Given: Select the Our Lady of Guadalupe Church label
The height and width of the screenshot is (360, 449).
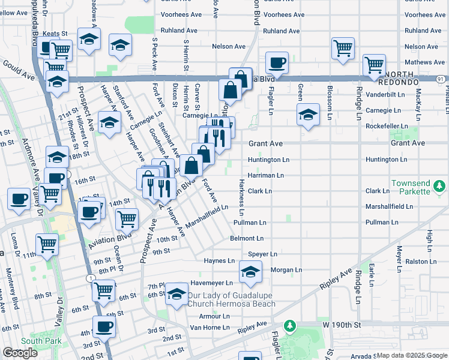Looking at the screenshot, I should (231, 299).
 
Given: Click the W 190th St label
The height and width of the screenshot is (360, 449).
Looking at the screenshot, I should (342, 325).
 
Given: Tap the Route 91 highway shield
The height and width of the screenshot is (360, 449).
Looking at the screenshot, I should (441, 79).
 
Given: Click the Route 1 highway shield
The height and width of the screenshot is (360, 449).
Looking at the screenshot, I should (89, 278).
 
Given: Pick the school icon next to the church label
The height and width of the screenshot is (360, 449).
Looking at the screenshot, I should (176, 295).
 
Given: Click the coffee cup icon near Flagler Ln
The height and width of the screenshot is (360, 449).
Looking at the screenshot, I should (277, 62).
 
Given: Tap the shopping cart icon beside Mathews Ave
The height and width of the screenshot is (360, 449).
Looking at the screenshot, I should (374, 65).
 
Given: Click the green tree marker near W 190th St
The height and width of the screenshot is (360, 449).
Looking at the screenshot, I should (290, 326).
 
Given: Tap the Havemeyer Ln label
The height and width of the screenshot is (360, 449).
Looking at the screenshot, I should (211, 283).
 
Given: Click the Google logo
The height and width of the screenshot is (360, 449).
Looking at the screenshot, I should (19, 353).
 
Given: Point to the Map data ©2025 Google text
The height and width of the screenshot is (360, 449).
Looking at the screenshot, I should (411, 355).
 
